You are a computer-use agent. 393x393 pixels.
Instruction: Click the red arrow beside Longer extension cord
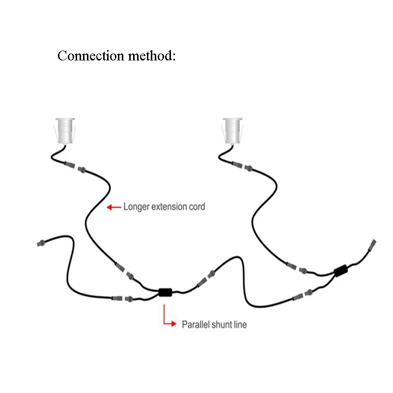pyautogui.click(x=113, y=207)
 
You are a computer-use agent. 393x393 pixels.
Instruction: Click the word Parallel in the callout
pyautogui.click(x=196, y=325)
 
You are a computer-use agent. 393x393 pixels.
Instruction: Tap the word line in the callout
pyautogui.click(x=240, y=325)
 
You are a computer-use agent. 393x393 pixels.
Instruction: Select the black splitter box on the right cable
pyautogui.click(x=340, y=271)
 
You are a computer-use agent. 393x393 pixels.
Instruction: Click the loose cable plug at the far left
pyautogui.click(x=42, y=243)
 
